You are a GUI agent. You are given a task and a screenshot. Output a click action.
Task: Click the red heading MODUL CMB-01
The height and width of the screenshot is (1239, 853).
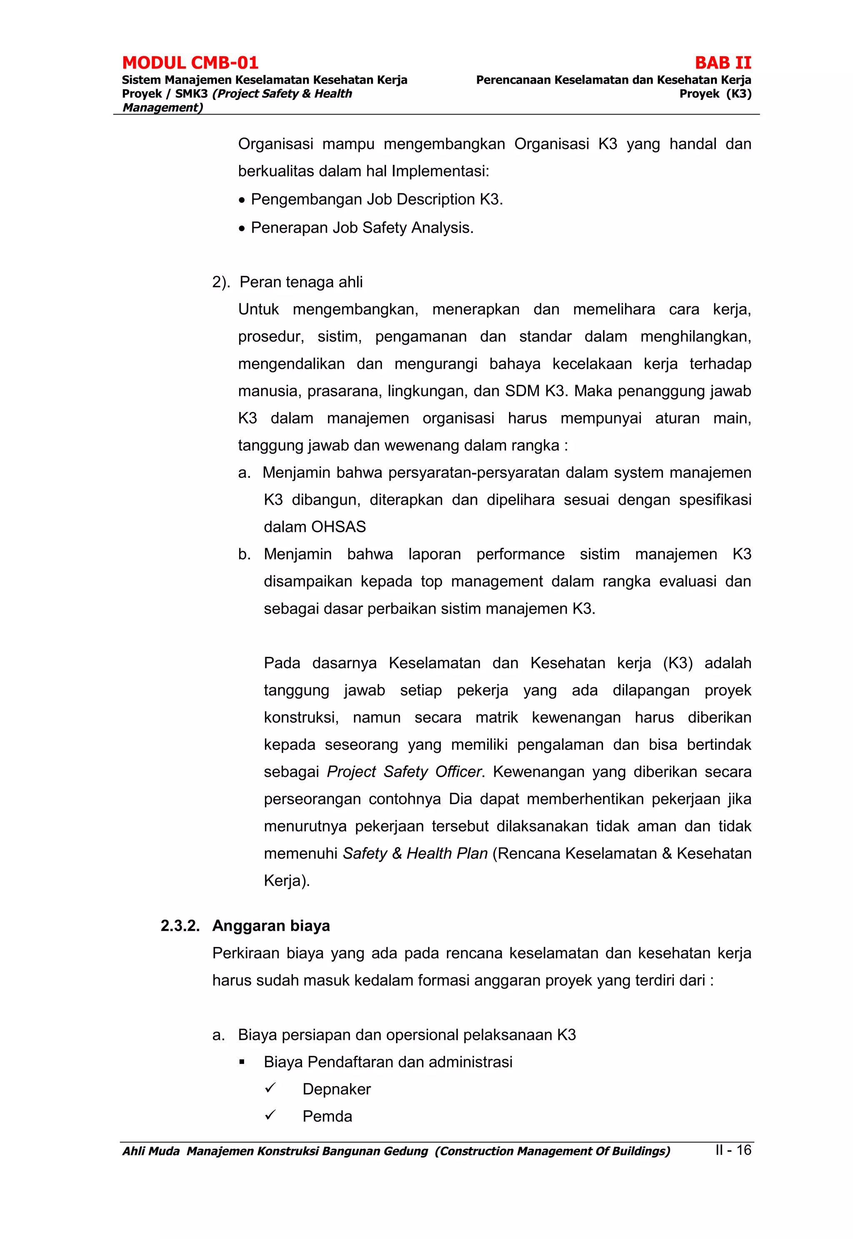[x=190, y=63]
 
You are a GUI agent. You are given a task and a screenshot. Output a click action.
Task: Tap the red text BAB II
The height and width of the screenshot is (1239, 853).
[x=723, y=63]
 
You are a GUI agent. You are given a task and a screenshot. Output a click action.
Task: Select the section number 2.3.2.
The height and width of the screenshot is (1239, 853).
[x=180, y=926]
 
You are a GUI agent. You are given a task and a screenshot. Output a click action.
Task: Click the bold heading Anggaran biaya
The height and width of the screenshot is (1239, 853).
[x=271, y=926]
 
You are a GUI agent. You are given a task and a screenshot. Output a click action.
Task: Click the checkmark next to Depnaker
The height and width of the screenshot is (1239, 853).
[x=270, y=1088]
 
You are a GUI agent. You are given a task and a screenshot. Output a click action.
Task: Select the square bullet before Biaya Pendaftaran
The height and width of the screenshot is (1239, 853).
[x=242, y=1063]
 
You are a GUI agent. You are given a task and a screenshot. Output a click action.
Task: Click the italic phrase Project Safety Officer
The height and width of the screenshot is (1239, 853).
[x=404, y=772]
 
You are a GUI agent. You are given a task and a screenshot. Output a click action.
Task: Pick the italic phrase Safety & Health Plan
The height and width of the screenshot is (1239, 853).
[x=415, y=854]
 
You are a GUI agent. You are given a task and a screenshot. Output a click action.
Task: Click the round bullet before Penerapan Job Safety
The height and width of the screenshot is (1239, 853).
[x=242, y=229]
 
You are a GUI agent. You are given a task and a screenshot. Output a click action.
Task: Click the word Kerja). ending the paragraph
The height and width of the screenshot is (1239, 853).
[x=287, y=881]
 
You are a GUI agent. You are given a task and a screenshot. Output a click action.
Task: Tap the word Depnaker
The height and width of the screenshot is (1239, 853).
[x=336, y=1089]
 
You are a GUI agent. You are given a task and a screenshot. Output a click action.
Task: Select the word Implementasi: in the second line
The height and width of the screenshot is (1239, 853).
[x=440, y=172]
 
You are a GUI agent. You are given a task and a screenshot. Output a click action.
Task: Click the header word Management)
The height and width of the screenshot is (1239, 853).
[x=162, y=107]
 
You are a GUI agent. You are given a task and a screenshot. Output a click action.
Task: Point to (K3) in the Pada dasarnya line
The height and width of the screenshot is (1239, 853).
[x=677, y=663]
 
